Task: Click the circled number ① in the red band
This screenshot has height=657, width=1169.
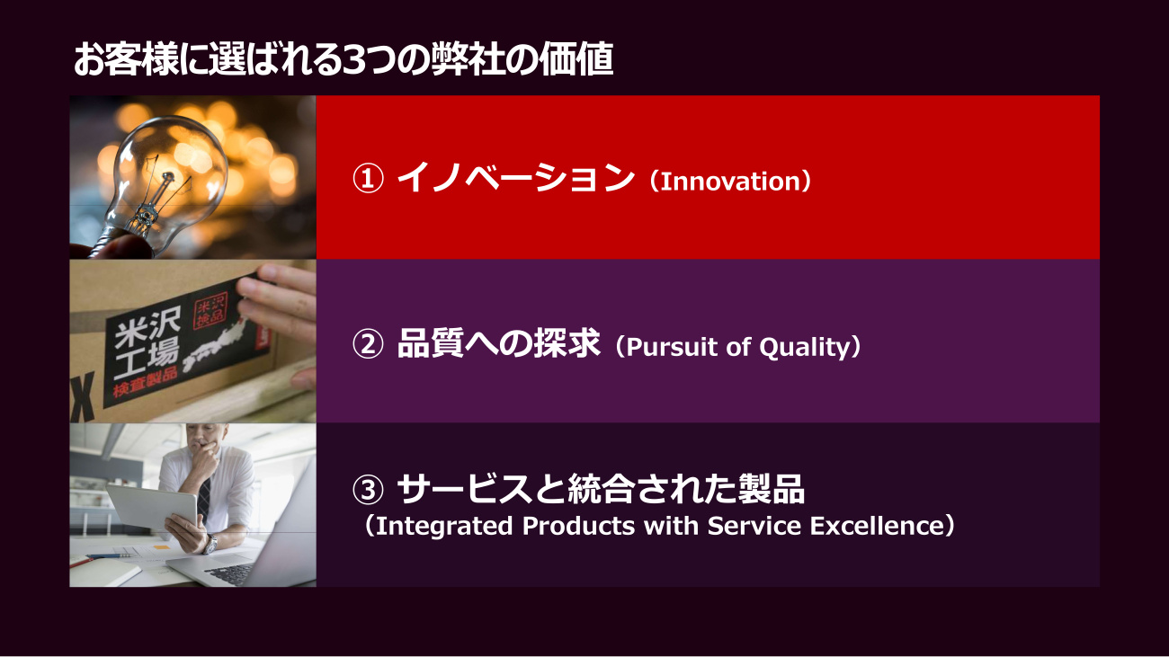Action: pos(368,178)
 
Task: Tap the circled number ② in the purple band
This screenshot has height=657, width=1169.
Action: pos(368,344)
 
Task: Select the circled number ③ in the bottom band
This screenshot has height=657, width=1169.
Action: pos(368,490)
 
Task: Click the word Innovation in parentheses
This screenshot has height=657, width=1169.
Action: pos(730,181)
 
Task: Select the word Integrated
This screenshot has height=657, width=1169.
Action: pos(443,526)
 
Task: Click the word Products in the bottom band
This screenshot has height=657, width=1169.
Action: pos(578,526)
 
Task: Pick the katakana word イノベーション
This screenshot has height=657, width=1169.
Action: pos(515,178)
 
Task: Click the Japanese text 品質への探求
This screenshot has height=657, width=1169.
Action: pos(498,343)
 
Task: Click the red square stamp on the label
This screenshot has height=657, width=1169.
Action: pos(210,311)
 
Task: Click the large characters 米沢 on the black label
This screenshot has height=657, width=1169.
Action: pos(147,327)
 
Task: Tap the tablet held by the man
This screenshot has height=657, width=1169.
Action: pos(152,507)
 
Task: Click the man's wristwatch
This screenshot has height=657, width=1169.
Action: pos(210,545)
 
